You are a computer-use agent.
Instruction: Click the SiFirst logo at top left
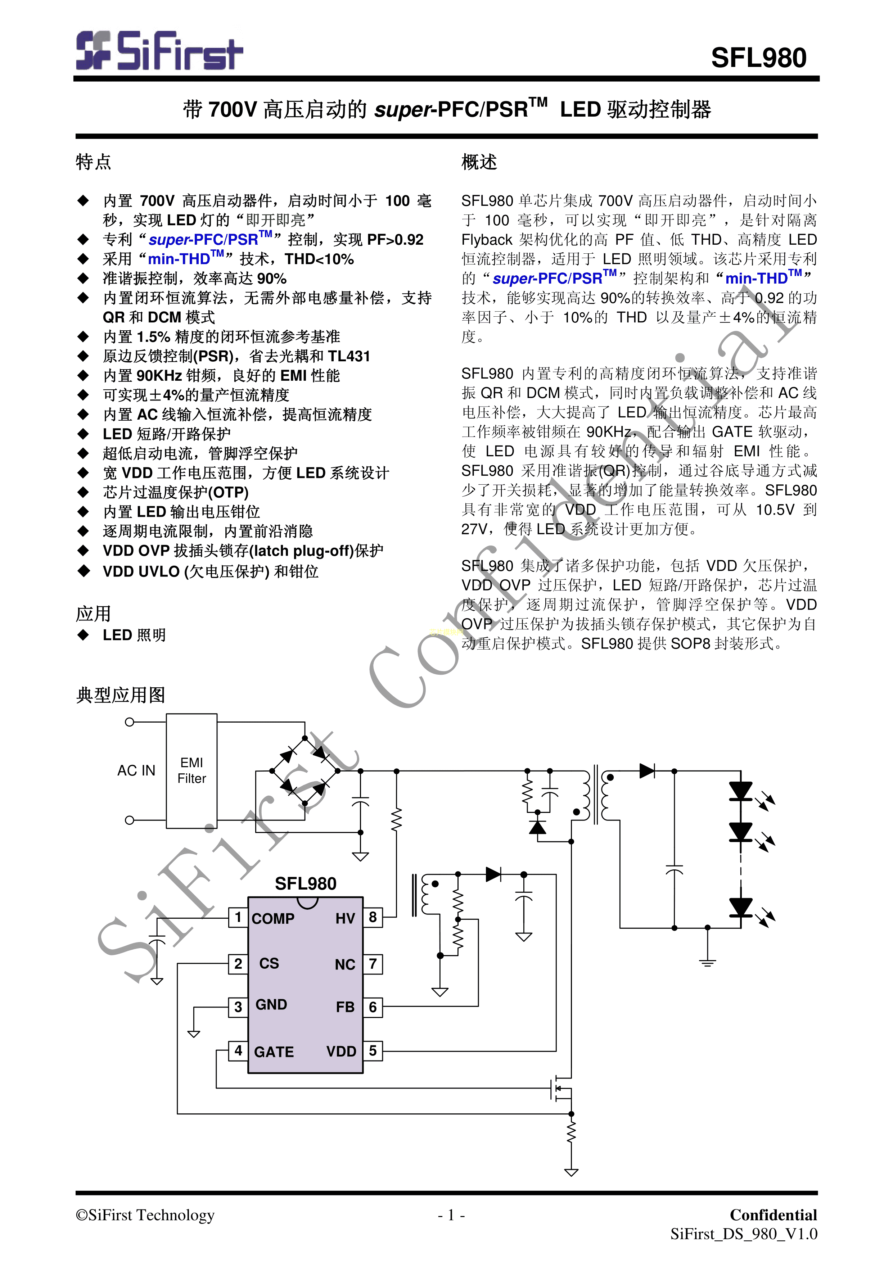[x=159, y=51]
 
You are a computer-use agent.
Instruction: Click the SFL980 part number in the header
[x=758, y=58]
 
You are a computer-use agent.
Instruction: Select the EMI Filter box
[x=191, y=770]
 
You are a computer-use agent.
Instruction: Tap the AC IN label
[x=136, y=770]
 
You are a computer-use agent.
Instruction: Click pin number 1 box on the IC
[x=238, y=917]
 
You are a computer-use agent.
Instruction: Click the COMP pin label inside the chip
[x=273, y=918]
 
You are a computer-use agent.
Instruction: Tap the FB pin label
[x=345, y=1007]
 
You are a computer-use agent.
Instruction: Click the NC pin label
[x=345, y=965]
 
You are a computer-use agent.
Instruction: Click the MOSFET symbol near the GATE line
[x=562, y=1087]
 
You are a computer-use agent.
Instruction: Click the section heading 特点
[x=94, y=162]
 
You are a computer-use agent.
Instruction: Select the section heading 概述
[x=479, y=162]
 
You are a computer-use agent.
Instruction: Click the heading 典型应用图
[x=121, y=695]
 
